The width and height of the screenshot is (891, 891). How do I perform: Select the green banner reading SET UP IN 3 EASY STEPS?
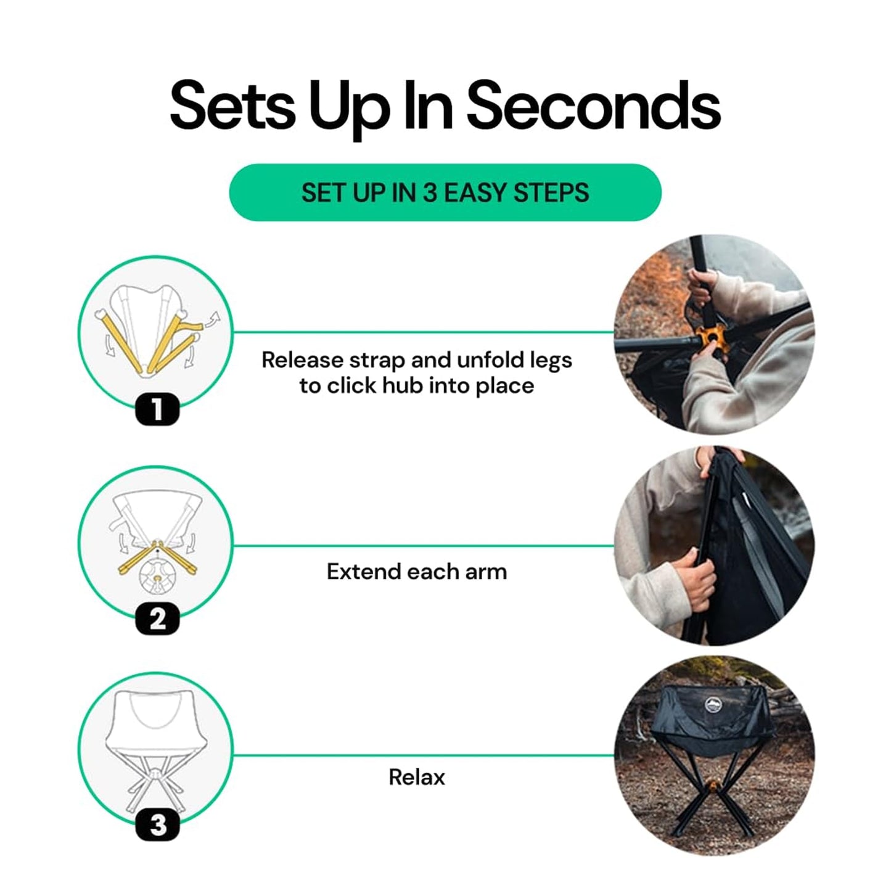click(445, 192)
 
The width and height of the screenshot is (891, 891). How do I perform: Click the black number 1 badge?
click(157, 409)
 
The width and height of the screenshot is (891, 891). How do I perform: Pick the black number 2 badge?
click(157, 618)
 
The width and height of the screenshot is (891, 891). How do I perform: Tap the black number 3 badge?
click(157, 825)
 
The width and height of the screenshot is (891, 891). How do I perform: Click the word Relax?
click(417, 778)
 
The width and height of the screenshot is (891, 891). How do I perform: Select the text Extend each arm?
click(417, 572)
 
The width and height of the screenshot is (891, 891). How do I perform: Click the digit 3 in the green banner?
click(430, 192)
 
